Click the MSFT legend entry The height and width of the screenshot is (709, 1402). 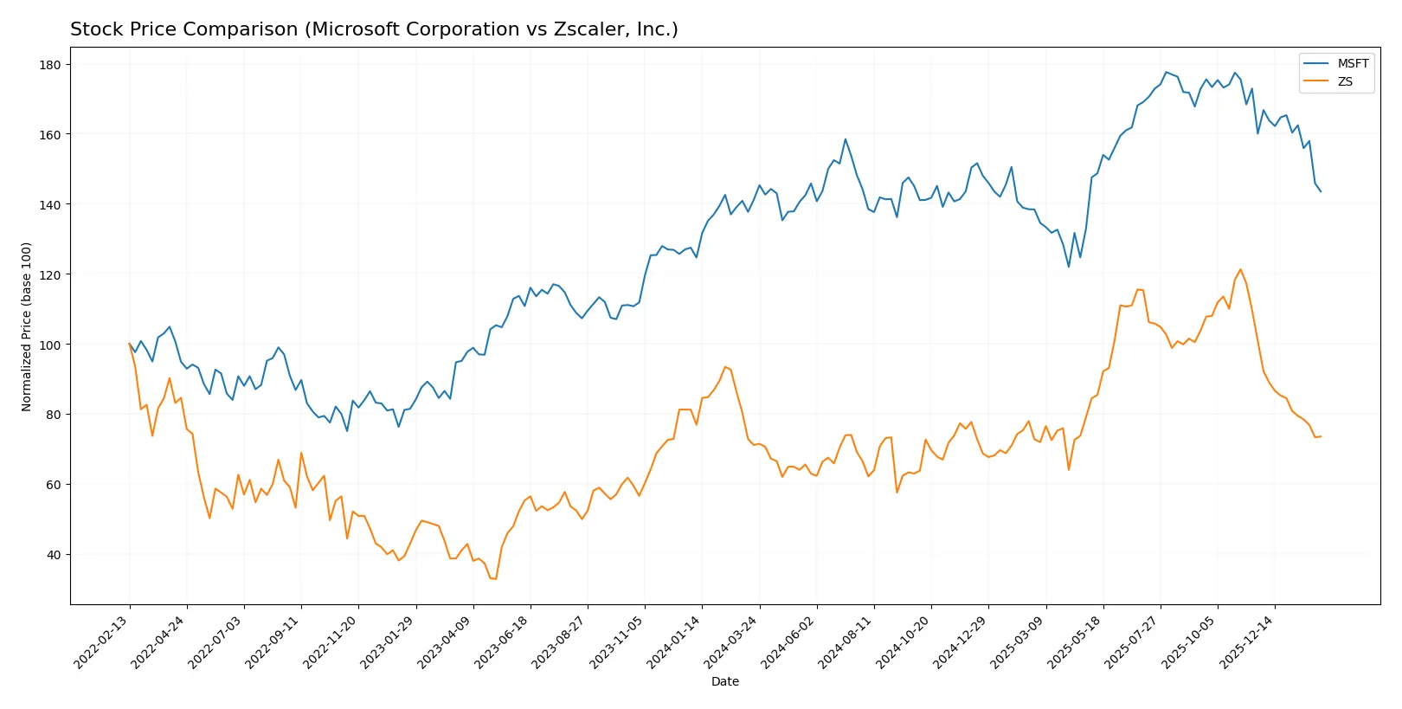(1352, 63)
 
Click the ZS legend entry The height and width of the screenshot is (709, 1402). (1344, 81)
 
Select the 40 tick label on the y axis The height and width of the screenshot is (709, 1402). (54, 555)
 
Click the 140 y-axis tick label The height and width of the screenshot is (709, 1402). (50, 204)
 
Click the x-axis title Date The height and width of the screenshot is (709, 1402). (724, 681)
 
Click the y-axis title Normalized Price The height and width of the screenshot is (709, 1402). (27, 326)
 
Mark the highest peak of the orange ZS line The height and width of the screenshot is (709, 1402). (1240, 269)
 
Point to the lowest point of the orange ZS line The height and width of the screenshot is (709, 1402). (496, 578)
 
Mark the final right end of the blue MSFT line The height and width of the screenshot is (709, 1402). (1321, 191)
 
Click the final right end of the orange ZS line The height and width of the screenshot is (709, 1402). (1321, 436)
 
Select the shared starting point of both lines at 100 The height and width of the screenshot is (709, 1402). (130, 345)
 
